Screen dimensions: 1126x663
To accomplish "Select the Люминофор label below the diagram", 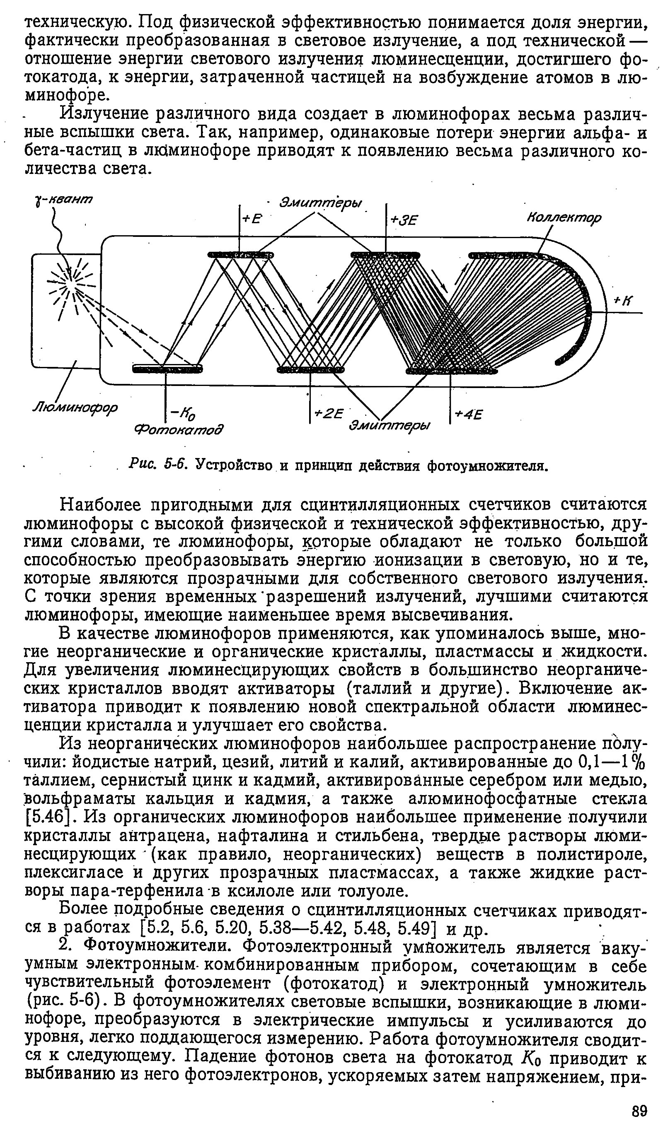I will pyautogui.click(x=75, y=407).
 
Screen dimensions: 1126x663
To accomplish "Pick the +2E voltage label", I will pyautogui.click(x=329, y=414).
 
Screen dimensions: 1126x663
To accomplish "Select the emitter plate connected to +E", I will pyautogui.click(x=240, y=255).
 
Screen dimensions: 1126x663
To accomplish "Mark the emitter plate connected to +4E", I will pyautogui.click(x=452, y=370).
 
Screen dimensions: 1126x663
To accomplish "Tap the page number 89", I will pyautogui.click(x=640, y=1110).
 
